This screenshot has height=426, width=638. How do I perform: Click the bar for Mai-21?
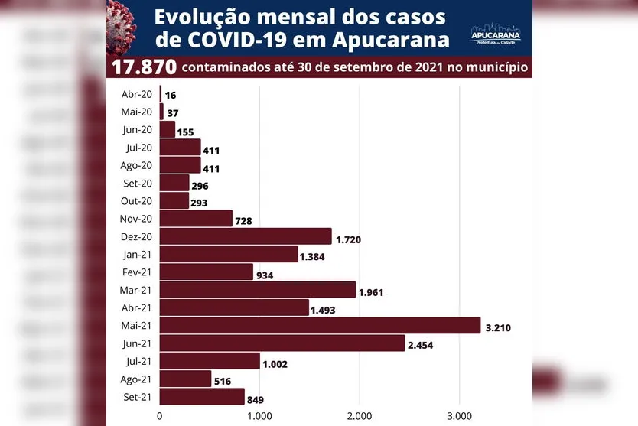tap(320, 326)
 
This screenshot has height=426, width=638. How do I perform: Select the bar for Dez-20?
tap(246, 236)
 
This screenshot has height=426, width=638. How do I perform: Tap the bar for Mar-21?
tap(258, 290)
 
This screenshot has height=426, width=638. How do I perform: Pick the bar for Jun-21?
tap(282, 343)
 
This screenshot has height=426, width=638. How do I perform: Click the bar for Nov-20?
tap(196, 219)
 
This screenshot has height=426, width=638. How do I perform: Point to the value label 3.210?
tap(498, 328)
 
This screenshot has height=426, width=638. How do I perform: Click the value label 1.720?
tap(348, 239)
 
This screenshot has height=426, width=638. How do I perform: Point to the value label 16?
tap(171, 96)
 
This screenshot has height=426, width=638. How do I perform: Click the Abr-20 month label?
tap(137, 93)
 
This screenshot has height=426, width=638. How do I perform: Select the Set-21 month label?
tap(138, 396)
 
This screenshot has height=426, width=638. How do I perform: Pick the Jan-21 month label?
tap(138, 254)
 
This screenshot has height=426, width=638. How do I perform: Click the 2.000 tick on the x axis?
tap(359, 416)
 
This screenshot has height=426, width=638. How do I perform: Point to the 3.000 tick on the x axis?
tap(459, 416)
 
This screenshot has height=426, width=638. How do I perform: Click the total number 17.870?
tap(144, 67)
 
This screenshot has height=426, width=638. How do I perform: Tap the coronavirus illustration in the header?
tap(122, 23)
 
